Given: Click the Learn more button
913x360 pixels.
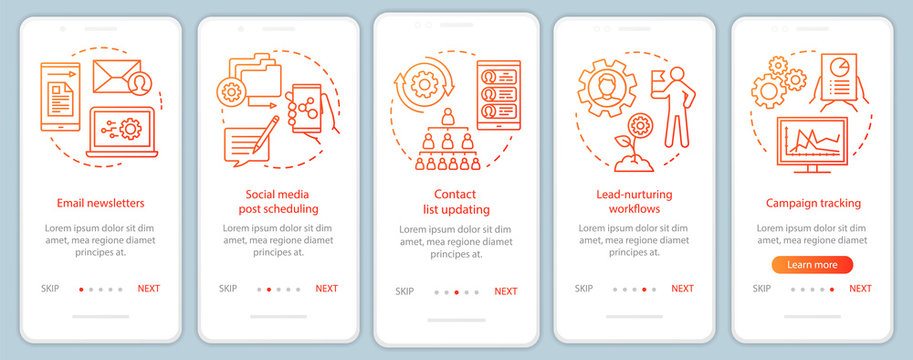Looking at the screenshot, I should point(811,265).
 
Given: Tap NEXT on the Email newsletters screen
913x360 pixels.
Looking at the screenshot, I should point(148,289).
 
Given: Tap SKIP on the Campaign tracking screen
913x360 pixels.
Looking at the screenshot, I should point(762,289).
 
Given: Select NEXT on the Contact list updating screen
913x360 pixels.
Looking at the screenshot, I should point(506,292).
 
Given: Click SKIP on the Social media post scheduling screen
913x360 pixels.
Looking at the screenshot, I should point(228,289).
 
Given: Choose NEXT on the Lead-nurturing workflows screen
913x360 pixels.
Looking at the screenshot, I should point(682,289).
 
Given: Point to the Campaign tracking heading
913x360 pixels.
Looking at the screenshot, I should point(813,203).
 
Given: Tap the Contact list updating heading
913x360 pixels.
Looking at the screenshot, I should point(456,202).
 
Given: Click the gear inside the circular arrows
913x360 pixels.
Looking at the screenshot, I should point(425,83).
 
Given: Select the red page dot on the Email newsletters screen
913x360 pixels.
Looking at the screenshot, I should point(81,290).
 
